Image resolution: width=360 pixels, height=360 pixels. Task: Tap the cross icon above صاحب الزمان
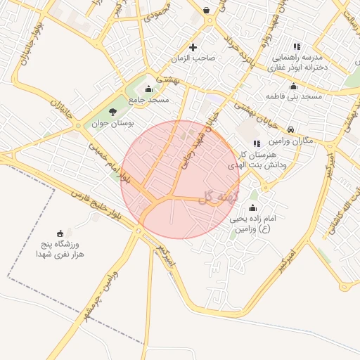(193, 47)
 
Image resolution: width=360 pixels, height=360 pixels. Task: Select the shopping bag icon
(206, 10)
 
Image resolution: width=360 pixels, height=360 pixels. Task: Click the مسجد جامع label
(148, 101)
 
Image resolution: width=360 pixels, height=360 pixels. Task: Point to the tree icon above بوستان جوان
(113, 111)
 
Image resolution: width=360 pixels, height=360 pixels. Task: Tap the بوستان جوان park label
(113, 124)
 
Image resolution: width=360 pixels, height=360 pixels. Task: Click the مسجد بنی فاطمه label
(294, 96)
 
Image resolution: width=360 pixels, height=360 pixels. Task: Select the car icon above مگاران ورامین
(291, 129)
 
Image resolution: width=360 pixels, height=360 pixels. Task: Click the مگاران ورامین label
(291, 141)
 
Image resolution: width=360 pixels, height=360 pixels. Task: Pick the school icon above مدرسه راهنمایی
(296, 45)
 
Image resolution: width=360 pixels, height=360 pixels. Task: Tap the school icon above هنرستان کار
(256, 143)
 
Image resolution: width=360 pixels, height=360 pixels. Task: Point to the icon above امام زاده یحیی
(253, 208)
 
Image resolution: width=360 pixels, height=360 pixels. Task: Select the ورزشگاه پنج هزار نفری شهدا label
(60, 248)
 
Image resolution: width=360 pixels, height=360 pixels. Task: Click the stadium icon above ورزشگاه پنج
(60, 233)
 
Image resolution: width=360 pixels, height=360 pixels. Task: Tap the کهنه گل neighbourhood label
(219, 197)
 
